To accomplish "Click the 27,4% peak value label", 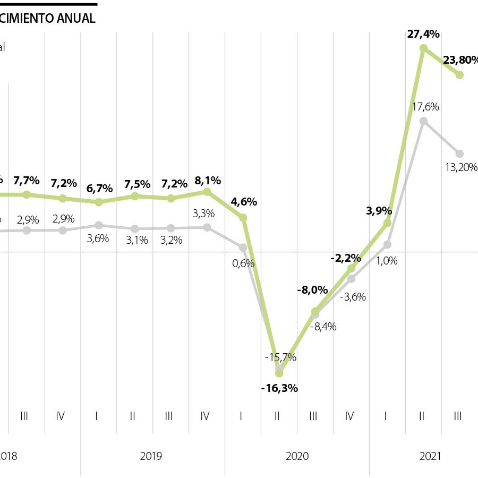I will tap(423, 35).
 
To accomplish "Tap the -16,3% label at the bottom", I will tap(279, 388).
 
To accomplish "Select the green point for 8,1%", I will tap(207, 191).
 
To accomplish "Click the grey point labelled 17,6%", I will tap(423, 121).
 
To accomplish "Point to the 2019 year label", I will tap(151, 456).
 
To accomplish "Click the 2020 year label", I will tap(297, 456).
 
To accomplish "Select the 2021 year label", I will tap(431, 456).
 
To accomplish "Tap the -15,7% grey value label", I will tap(280, 357).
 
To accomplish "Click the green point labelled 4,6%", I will tap(243, 218).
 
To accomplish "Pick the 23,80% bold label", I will tap(460, 60).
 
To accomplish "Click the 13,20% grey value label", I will tap(460, 168).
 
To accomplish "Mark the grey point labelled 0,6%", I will tap(243, 247).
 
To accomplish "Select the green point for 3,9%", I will tap(387, 223).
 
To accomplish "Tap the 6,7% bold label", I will tap(99, 189).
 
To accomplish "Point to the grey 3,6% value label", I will tap(98, 238).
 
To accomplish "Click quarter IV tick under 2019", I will tap(205, 416).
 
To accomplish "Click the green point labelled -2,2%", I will tap(351, 269).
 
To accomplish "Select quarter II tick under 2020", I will tap(277, 416).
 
